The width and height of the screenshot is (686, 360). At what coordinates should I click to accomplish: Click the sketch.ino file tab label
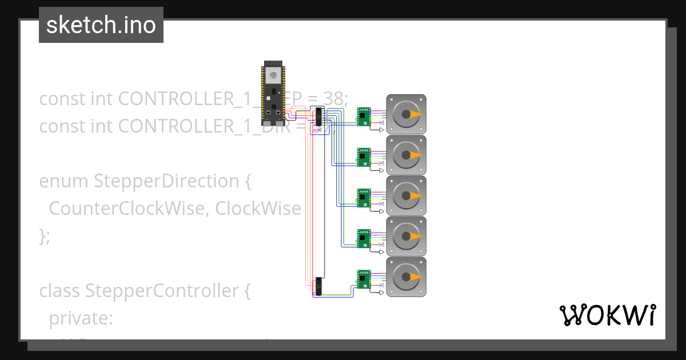[101, 25]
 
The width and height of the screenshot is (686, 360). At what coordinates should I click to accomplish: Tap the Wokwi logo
[607, 315]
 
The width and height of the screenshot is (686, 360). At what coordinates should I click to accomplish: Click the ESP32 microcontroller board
[273, 94]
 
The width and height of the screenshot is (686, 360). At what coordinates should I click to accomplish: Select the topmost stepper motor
[406, 114]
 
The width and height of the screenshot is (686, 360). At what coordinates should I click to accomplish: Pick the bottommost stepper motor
[406, 277]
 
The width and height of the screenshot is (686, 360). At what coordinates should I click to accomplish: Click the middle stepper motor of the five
[406, 195]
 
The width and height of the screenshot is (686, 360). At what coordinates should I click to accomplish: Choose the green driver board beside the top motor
[363, 116]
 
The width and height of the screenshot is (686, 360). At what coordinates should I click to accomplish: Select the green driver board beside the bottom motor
[363, 278]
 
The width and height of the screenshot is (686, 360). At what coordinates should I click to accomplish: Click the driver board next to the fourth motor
[363, 238]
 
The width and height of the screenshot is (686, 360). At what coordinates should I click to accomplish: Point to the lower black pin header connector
[318, 286]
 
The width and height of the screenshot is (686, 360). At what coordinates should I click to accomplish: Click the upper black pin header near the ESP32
[316, 117]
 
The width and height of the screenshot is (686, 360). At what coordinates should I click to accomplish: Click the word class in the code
[60, 291]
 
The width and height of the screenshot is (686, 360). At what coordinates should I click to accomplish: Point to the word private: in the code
[81, 318]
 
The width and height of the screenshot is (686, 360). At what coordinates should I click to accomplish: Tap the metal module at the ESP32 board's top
[273, 74]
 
